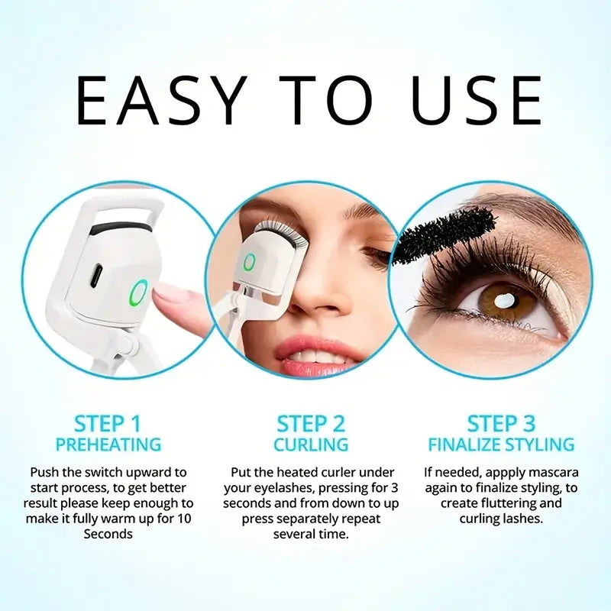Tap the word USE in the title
[477, 100]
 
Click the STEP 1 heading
[108, 424]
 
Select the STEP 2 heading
[310, 424]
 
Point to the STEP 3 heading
[502, 424]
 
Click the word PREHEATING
[108, 444]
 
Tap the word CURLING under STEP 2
[310, 444]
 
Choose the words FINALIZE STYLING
[502, 444]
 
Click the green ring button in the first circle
[138, 292]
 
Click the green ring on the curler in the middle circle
[249, 263]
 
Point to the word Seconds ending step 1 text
[108, 534]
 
